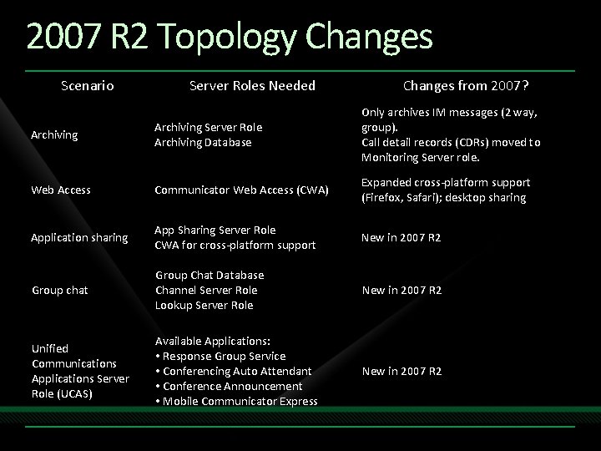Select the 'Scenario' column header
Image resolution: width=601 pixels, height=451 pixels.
click(88, 85)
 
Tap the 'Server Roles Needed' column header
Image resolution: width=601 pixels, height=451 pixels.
click(252, 85)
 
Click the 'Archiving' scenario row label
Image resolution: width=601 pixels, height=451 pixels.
click(54, 134)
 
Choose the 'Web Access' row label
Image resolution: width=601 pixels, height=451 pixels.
click(61, 190)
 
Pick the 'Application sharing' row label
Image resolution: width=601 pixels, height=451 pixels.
click(79, 238)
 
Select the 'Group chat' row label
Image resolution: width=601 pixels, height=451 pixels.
click(59, 291)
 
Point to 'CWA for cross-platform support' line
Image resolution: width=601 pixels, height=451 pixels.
click(235, 245)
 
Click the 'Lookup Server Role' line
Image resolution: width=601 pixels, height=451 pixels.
click(205, 305)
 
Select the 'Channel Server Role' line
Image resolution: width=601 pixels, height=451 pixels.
click(206, 290)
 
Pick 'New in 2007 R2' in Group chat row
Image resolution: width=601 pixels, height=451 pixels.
click(402, 290)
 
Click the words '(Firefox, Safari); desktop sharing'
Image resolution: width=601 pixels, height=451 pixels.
click(443, 198)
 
